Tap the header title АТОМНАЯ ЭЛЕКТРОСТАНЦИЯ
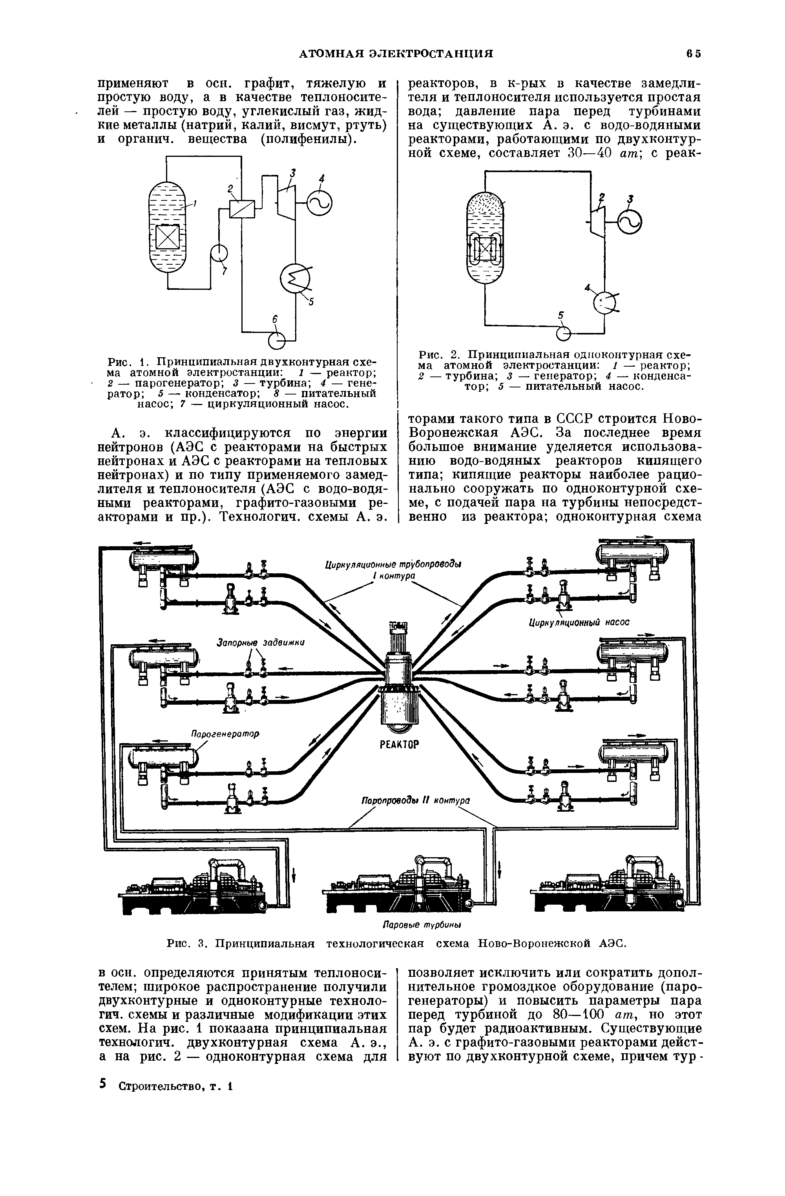pos(396,54)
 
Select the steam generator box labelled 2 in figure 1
pos(243,207)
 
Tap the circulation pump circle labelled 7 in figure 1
pos(219,252)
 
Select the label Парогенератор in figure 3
pos(225,734)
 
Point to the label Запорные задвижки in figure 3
pos(261,643)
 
